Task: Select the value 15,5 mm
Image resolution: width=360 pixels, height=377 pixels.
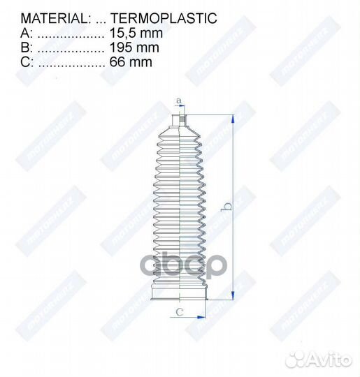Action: pyautogui.click(x=136, y=33)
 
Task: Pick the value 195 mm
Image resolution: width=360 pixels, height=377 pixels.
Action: pyautogui.click(x=134, y=47)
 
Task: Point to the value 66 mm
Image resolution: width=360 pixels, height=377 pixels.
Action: pyautogui.click(x=131, y=62)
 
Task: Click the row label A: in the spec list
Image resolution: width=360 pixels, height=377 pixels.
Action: pyautogui.click(x=26, y=33)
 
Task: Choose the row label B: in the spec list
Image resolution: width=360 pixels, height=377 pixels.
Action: pyautogui.click(x=26, y=47)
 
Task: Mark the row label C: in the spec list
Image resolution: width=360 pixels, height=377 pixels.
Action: pyautogui.click(x=27, y=62)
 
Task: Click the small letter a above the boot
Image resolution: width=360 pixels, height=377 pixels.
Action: pyautogui.click(x=178, y=101)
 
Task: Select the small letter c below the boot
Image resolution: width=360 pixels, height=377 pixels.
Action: pyautogui.click(x=180, y=311)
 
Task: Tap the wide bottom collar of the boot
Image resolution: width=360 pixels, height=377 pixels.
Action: pyautogui.click(x=180, y=293)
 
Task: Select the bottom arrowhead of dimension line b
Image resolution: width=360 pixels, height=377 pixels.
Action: pyautogui.click(x=231, y=296)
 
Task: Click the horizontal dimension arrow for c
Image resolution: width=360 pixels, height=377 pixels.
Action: pyautogui.click(x=189, y=317)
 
